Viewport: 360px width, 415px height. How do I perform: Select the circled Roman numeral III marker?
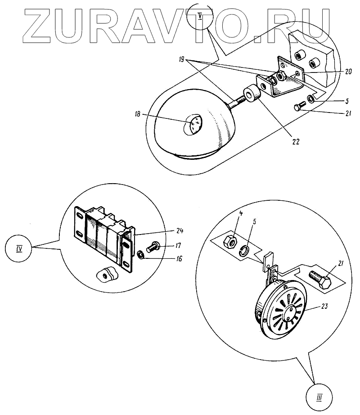coord(319,397)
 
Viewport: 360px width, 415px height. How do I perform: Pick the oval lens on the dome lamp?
coord(193,123)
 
